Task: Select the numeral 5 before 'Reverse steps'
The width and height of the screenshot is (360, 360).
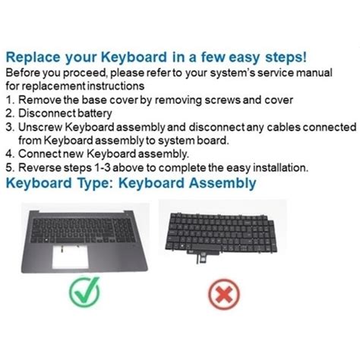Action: click(x=9, y=167)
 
